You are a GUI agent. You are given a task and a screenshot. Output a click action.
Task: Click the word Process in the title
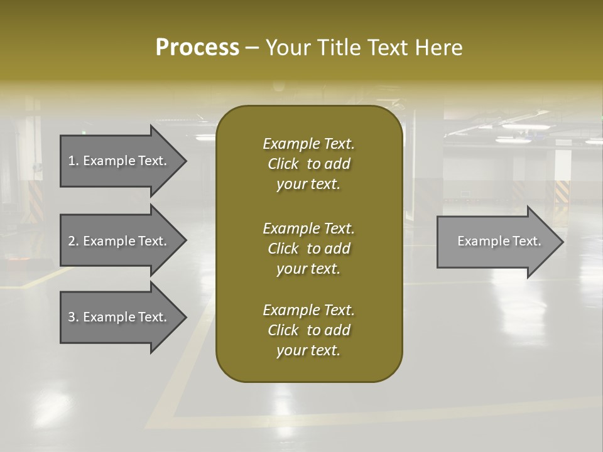197,48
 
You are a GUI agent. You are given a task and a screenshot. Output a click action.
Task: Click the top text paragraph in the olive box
308,164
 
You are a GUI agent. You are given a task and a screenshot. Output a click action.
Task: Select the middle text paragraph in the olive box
308,249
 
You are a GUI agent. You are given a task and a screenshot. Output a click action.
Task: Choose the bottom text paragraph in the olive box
308,330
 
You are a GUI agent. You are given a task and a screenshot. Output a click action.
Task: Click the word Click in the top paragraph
283,164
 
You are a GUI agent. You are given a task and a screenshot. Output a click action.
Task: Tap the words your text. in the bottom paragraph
308,350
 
